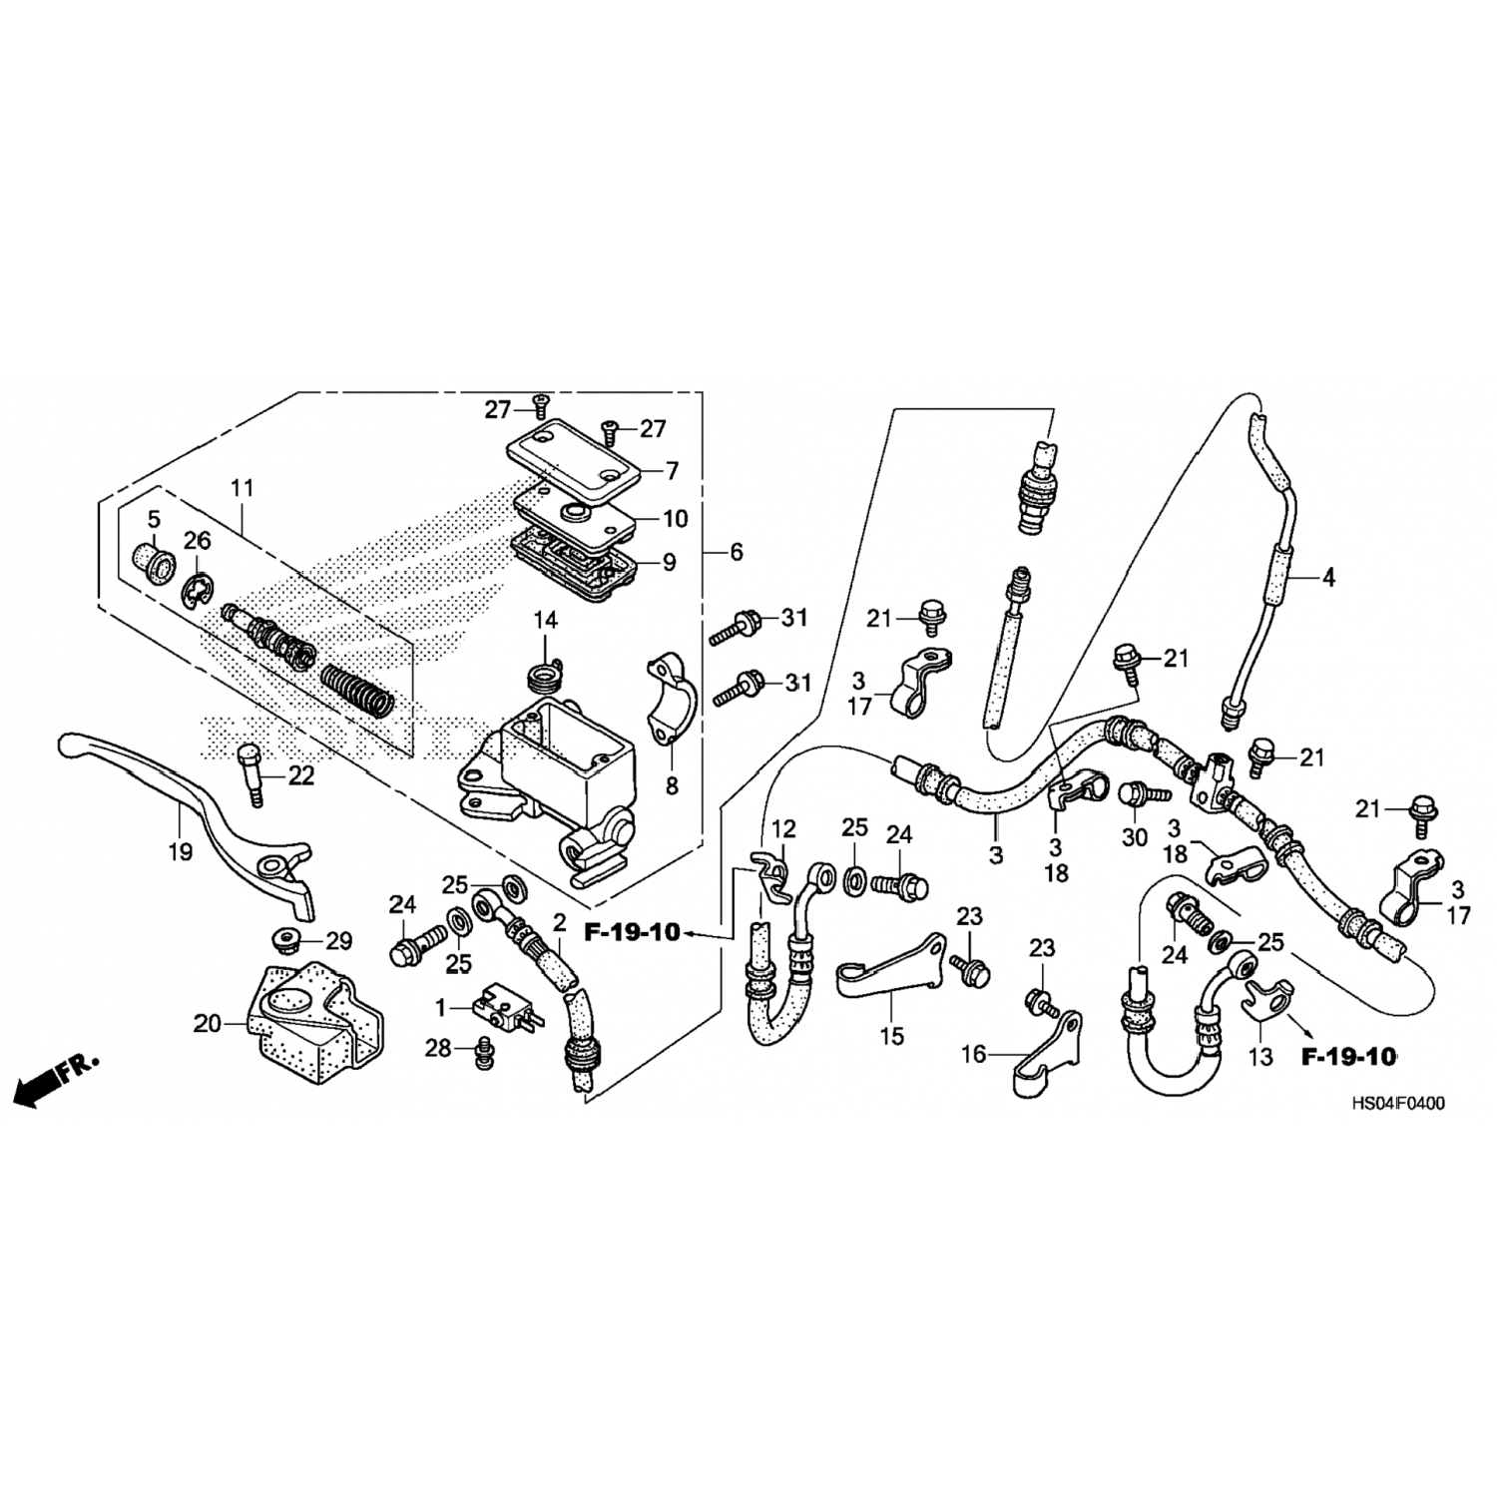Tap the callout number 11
242,489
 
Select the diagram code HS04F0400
1396,1105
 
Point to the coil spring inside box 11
359,690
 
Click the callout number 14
545,621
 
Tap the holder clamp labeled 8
664,700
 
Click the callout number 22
300,774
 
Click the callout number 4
1328,577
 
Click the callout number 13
1261,1056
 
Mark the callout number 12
783,827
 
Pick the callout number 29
339,940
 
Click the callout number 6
737,552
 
